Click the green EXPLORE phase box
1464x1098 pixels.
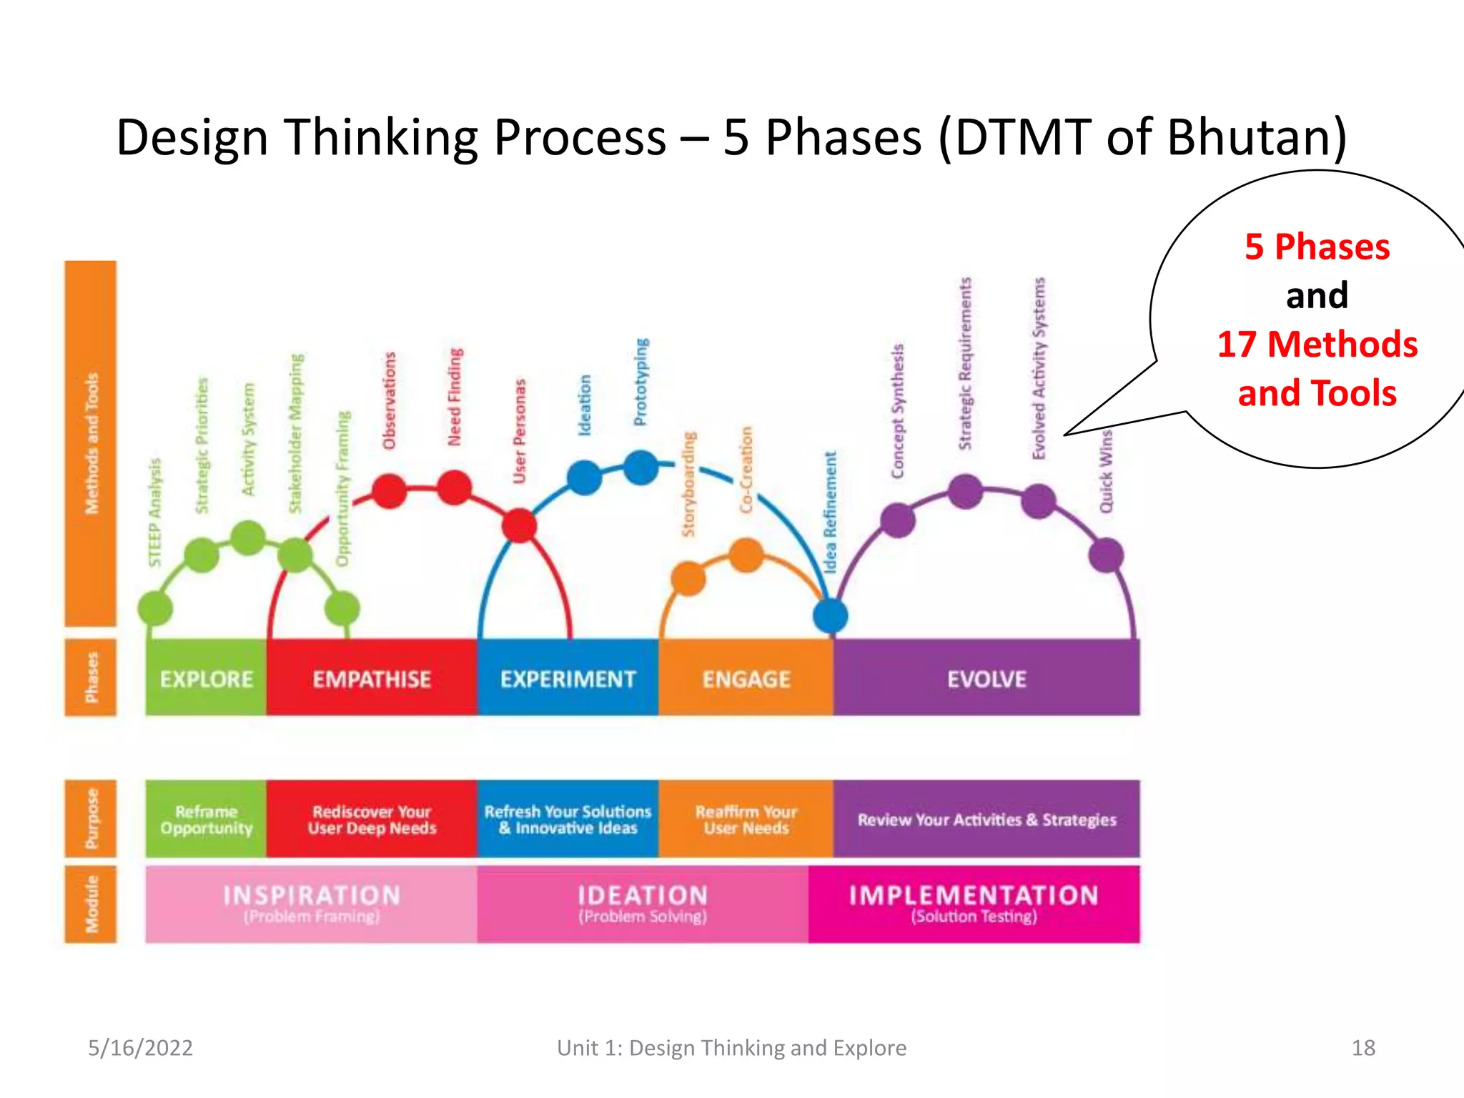tap(206, 678)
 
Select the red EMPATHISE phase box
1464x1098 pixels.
tap(371, 678)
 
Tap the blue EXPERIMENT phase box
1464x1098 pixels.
tap(568, 678)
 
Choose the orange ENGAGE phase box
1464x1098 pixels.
tap(746, 678)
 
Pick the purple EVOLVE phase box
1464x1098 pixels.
tap(986, 678)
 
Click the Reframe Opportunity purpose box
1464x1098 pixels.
tap(206, 819)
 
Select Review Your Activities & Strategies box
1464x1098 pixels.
tap(986, 819)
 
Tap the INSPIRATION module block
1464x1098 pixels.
tap(311, 904)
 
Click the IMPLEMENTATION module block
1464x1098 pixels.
tap(974, 904)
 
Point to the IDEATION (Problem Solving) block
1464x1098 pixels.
tap(642, 904)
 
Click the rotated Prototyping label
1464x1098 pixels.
tap(641, 382)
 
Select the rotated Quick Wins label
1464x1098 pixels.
tap(1106, 471)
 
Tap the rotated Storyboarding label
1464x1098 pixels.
tap(688, 484)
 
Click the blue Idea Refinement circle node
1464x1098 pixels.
tap(831, 615)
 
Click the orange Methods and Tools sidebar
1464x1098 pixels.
tap(91, 443)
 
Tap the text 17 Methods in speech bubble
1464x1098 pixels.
tap(1317, 344)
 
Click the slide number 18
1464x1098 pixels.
tap(1362, 1048)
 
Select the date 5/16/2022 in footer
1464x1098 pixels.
tap(140, 1048)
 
